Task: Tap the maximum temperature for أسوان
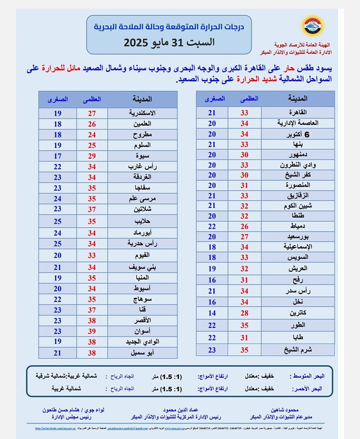coord(92,331)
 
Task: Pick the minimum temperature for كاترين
coord(212,313)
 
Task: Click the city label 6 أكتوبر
coord(298,134)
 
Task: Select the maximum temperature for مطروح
coord(92,134)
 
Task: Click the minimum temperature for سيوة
coord(57,156)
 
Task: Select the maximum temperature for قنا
coord(92,309)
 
